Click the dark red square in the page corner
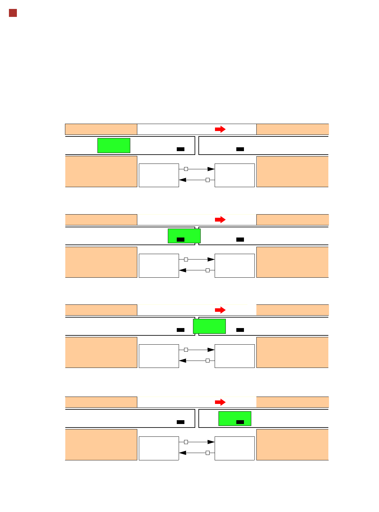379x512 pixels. click(x=13, y=13)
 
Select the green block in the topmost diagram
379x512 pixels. click(x=114, y=145)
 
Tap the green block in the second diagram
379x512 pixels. click(x=184, y=236)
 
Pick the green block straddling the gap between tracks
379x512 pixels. click(x=209, y=326)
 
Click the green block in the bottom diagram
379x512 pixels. click(x=235, y=418)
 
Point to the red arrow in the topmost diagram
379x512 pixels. click(x=220, y=129)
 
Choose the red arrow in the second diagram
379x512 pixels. click(x=220, y=220)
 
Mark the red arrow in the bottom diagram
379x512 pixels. click(x=220, y=402)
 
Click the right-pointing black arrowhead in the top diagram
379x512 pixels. click(x=211, y=169)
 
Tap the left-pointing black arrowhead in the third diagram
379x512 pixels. click(x=183, y=361)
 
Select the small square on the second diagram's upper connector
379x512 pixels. click(x=186, y=260)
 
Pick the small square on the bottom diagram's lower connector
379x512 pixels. click(x=208, y=453)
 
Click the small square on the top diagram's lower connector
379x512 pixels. click(x=208, y=180)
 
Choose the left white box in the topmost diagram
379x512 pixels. click(x=159, y=175)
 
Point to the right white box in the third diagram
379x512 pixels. click(x=235, y=356)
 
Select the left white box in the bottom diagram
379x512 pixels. click(x=159, y=448)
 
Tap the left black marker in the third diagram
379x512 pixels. click(x=181, y=330)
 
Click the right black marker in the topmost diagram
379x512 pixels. click(x=240, y=149)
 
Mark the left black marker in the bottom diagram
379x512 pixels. click(x=181, y=422)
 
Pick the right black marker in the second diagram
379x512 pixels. click(x=240, y=239)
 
